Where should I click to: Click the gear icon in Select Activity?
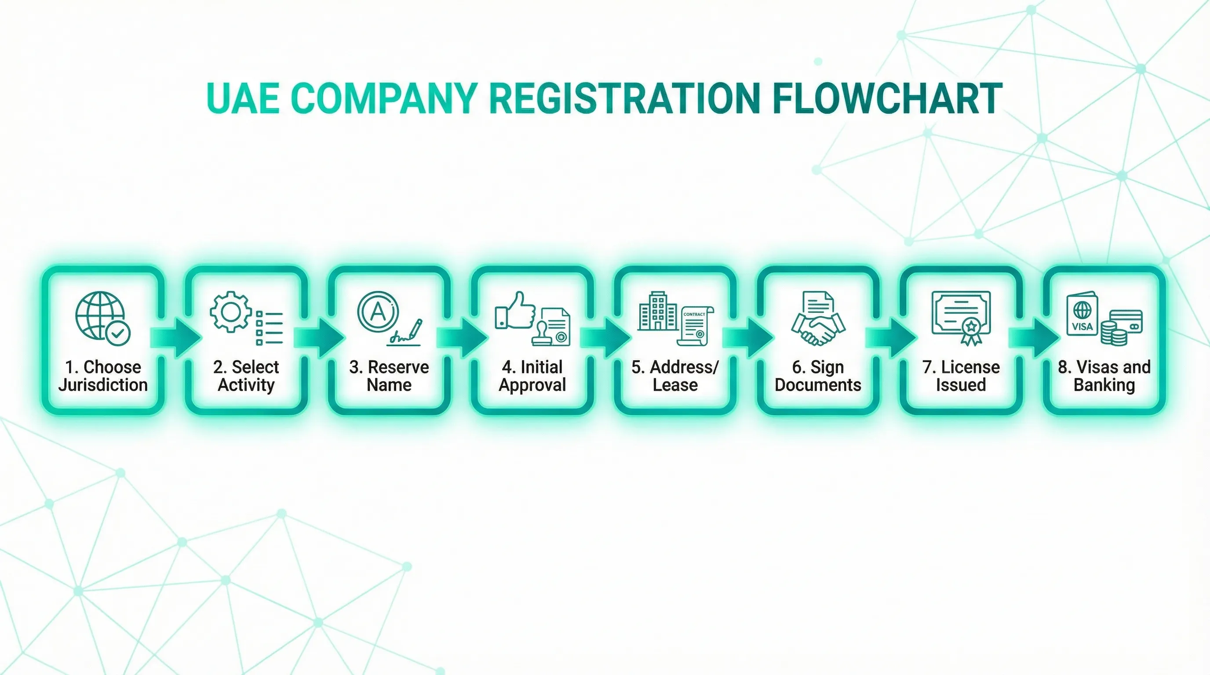coord(231,312)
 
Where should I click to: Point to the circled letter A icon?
coord(378,312)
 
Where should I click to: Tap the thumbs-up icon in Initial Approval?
coord(515,311)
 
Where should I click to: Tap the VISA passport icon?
coord(1082,315)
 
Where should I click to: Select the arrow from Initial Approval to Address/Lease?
coord(605,337)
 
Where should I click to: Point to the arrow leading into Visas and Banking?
coord(1034,337)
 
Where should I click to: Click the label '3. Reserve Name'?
coord(389,376)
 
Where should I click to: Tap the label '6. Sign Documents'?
coord(818,376)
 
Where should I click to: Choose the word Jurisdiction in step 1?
coord(103,385)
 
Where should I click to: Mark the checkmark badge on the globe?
coord(118,334)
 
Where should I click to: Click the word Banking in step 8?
coord(1104,385)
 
